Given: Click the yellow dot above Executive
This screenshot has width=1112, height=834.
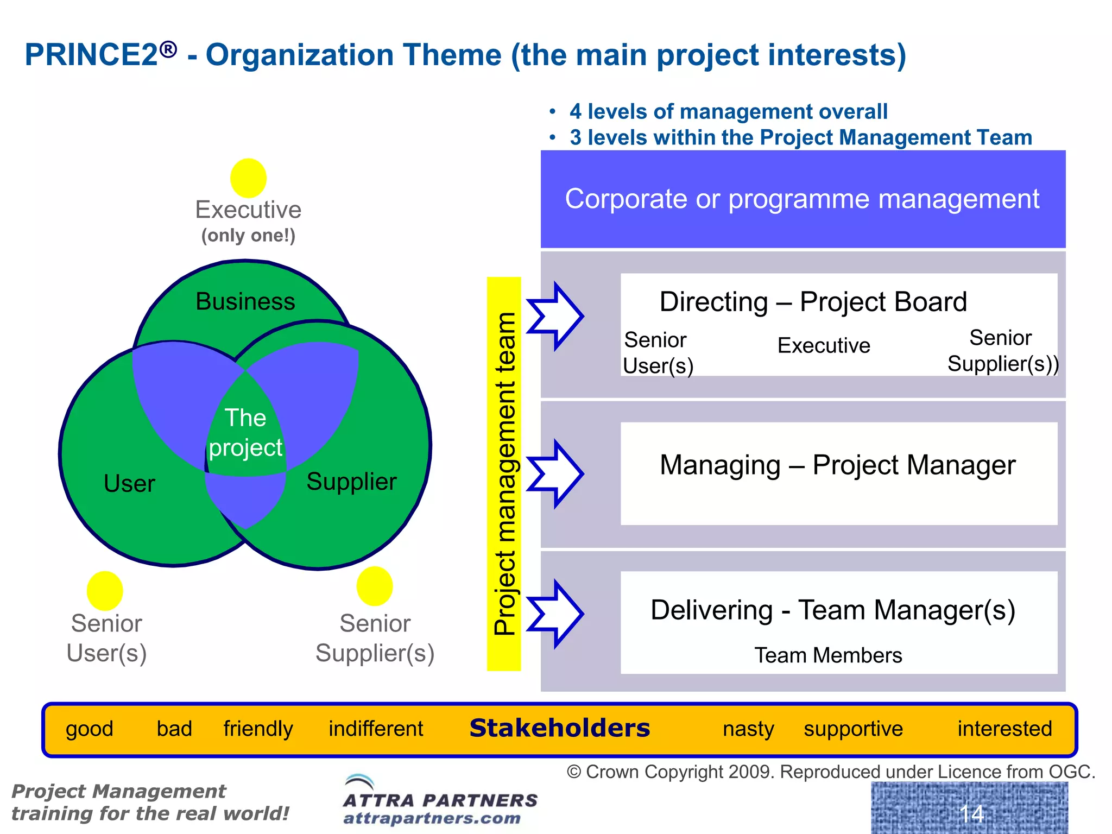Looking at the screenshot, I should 248,178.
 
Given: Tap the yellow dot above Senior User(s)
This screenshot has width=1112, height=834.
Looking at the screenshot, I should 105,591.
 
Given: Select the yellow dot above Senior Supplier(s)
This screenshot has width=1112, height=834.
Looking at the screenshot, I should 375,586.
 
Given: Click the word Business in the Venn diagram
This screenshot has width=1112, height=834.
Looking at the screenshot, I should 245,302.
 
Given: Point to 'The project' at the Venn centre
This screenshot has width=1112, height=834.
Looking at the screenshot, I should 245,433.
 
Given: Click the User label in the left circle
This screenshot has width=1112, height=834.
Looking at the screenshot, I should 129,483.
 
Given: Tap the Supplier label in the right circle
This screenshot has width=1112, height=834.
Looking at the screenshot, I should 351,482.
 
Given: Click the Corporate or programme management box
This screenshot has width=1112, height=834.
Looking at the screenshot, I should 803,199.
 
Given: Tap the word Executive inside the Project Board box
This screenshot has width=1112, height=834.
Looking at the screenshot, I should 824,346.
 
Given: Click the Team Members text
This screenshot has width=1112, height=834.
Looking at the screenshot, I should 828,655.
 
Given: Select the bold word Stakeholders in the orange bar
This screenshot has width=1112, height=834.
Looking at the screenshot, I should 559,728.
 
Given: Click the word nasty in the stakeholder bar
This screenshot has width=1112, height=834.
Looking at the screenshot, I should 748,729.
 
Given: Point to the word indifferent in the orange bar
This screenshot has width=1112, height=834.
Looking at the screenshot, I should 376,729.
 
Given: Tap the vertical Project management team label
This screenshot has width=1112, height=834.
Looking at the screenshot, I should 504,473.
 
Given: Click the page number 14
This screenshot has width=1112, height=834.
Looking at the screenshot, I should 971,813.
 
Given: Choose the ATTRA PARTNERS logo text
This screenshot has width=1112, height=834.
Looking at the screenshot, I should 440,800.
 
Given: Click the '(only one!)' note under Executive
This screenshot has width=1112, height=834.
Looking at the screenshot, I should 248,236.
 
